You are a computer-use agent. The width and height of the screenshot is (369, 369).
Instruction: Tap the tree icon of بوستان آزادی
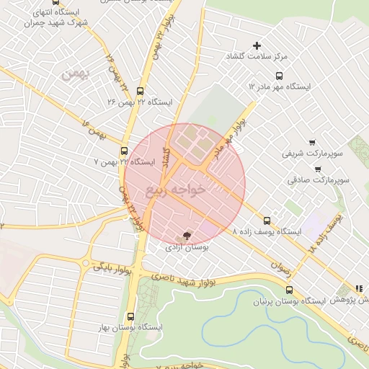(x=187, y=235)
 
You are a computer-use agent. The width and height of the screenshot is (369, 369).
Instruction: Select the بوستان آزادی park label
(x=187, y=247)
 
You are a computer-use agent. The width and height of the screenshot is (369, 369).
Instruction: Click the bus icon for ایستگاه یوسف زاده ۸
(x=267, y=221)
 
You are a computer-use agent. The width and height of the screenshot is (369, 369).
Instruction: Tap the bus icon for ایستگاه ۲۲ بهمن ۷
(x=125, y=151)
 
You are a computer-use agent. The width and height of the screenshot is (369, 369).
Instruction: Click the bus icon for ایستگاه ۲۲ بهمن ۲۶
(x=139, y=92)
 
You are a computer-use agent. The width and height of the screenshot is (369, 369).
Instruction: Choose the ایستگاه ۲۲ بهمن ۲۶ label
(x=140, y=102)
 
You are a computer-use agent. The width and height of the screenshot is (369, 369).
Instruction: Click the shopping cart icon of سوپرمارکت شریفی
(x=311, y=143)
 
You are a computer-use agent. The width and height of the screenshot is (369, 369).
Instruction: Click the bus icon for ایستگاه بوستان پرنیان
(x=289, y=290)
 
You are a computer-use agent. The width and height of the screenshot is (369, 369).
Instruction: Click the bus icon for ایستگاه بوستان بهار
(x=130, y=316)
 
